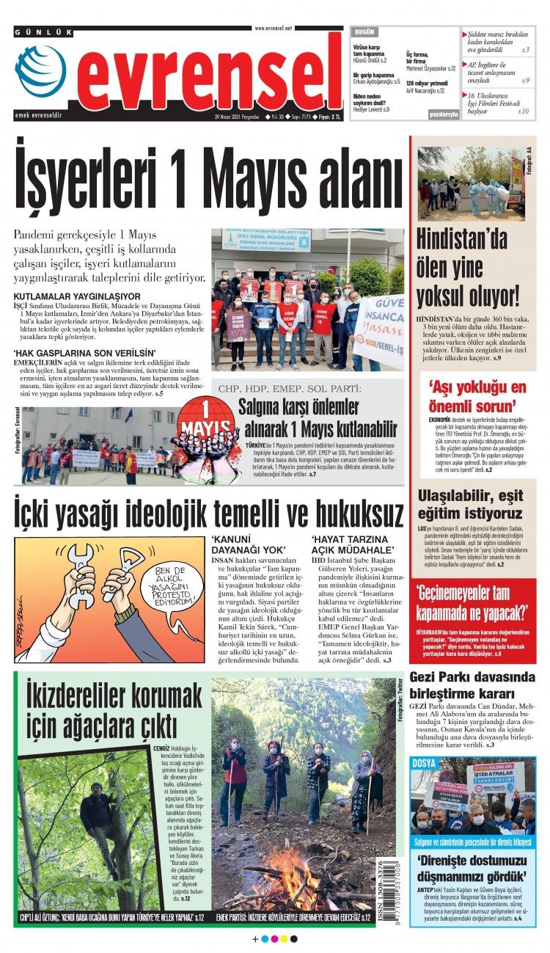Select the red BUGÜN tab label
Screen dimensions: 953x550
click(x=364, y=33)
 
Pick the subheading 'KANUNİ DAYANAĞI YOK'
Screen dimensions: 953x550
click(x=248, y=544)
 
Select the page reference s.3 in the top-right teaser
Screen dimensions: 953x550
click(x=525, y=50)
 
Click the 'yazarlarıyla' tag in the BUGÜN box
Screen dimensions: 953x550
click(x=444, y=114)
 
